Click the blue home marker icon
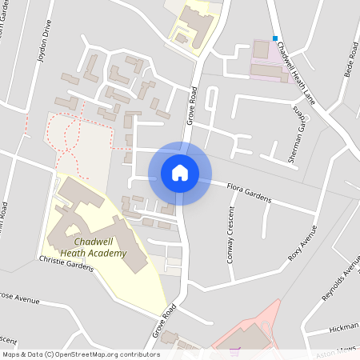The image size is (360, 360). pos(180,173)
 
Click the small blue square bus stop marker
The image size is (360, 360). pos(275,38)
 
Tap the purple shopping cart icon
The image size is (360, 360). pos(234,350)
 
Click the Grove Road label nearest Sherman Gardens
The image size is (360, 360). pos(193,106)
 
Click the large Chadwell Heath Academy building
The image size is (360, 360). pos(80,216)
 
